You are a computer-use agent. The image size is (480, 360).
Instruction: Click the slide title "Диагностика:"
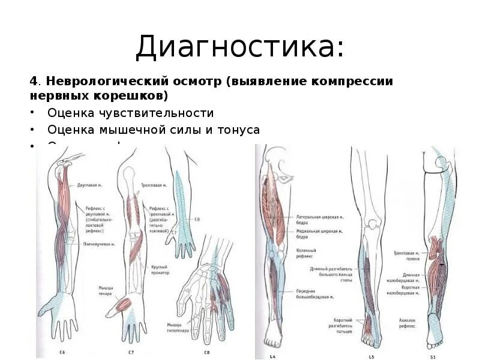pos(239,47)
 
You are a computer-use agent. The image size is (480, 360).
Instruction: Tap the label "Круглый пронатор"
pos(159,269)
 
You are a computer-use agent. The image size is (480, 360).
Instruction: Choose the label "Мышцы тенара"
pos(106,290)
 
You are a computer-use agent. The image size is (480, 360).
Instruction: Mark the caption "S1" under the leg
pos(433,356)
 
